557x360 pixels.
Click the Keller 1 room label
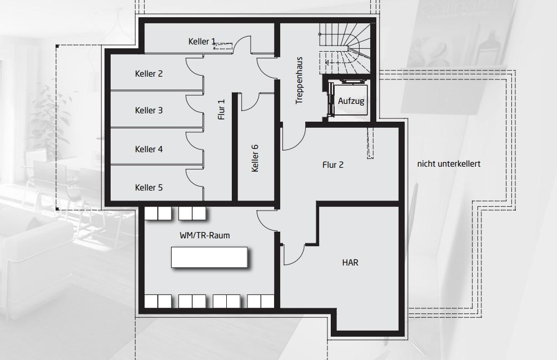pos(202,42)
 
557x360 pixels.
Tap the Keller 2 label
pos(149,74)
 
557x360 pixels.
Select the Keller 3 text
pos(149,111)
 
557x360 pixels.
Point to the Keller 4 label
pos(149,149)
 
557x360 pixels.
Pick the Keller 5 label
pos(149,187)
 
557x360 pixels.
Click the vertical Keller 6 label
pos(255,158)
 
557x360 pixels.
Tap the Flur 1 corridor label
pos(222,109)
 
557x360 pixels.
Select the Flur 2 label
pos(333,165)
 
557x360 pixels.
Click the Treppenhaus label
pos(299,80)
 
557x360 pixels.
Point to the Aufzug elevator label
pos(351,101)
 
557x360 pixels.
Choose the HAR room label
pos(350,263)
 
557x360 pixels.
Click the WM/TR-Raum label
pos(205,236)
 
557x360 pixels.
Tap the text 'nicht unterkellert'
pos(449,164)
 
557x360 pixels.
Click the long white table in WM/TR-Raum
pos(209,257)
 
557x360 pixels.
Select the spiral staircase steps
pos(345,48)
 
